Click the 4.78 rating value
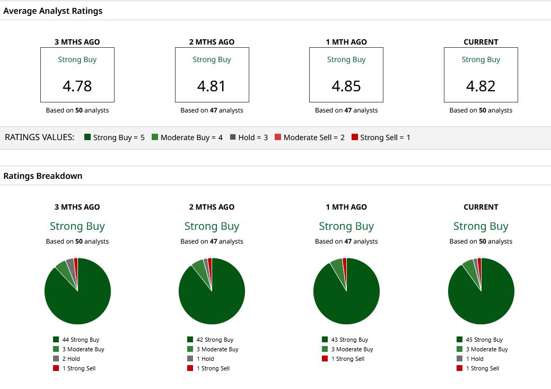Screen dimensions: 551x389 pyautogui.click(x=77, y=86)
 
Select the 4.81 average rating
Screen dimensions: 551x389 pyautogui.click(x=211, y=86)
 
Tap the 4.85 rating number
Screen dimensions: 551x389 pyautogui.click(x=346, y=86)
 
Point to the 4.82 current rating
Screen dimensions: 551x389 pyautogui.click(x=480, y=86)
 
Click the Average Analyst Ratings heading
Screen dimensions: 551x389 pyautogui.click(x=53, y=11)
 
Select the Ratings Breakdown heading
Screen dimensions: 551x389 pyautogui.click(x=43, y=176)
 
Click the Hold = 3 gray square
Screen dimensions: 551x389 pyautogui.click(x=233, y=137)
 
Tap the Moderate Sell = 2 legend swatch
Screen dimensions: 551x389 pyautogui.click(x=278, y=137)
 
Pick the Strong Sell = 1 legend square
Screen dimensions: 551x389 pyautogui.click(x=355, y=137)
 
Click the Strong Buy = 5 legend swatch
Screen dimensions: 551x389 pyautogui.click(x=88, y=137)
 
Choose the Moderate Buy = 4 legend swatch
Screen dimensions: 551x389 pyautogui.click(x=155, y=137)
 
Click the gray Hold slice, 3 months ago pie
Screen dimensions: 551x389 pyautogui.click(x=71, y=266)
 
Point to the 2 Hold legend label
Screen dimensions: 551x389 pyautogui.click(x=71, y=359)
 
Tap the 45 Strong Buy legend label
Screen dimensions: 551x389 pyautogui.click(x=484, y=340)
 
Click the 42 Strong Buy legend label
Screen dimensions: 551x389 pyautogui.click(x=215, y=340)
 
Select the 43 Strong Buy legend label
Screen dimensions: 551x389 pyautogui.click(x=349, y=340)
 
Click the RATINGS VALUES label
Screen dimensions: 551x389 pyautogui.click(x=39, y=137)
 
